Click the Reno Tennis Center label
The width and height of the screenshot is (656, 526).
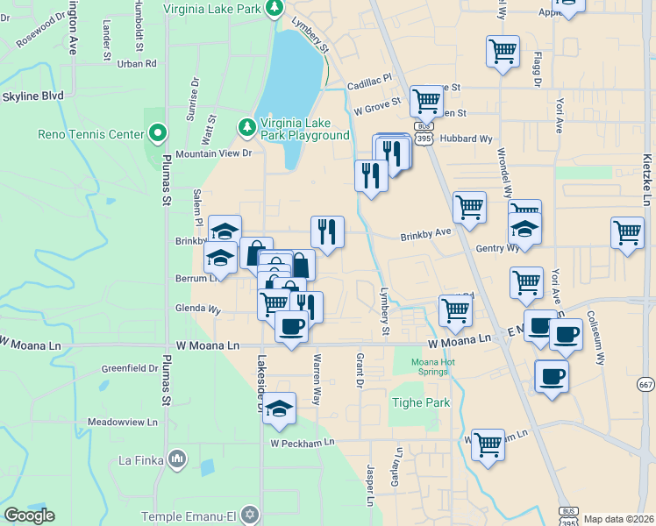click(x=91, y=134)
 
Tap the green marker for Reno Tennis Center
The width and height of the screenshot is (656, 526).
click(x=158, y=134)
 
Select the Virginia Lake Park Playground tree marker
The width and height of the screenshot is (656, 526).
click(x=248, y=129)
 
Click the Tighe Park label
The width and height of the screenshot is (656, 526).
click(x=419, y=403)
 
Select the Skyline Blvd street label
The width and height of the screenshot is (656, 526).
click(x=32, y=96)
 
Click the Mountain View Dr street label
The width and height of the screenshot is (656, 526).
click(x=213, y=153)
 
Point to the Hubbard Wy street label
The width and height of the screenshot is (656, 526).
click(x=467, y=139)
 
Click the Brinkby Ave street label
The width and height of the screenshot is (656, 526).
click(x=425, y=235)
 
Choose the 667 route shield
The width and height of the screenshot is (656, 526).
click(x=646, y=385)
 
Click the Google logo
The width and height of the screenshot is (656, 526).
click(x=29, y=515)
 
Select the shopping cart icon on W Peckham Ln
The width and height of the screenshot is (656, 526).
click(x=488, y=444)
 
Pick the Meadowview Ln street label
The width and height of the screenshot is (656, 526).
click(x=123, y=422)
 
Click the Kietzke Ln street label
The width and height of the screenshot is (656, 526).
click(x=646, y=172)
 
